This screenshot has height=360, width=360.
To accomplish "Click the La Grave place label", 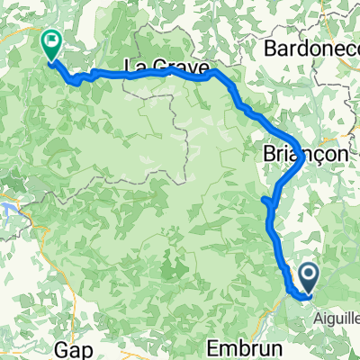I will click(164, 66).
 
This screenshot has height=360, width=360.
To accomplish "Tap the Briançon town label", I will click(305, 155).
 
